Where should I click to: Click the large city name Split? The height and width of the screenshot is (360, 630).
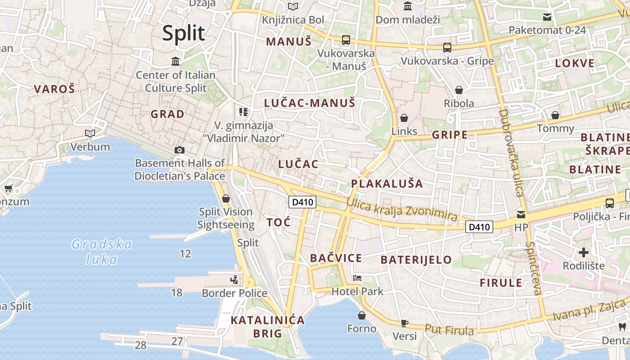coord(184,33)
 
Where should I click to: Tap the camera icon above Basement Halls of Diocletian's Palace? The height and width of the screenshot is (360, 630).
coord(180,150)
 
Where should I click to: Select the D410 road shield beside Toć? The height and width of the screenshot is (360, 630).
coord(302,202)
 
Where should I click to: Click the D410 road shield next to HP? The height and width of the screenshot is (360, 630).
coord(479,227)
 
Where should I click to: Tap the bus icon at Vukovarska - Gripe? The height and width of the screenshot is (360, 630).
coord(447,48)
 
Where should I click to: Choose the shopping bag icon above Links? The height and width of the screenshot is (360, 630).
coord(404,118)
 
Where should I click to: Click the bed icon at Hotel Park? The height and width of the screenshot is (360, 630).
coord(357,278)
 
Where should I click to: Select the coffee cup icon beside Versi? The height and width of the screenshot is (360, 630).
coord(404,323)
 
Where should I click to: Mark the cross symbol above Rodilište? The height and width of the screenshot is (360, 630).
coord(584,252)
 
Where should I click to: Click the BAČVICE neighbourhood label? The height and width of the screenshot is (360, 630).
coord(336,258)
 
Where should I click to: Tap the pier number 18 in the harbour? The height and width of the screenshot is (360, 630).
coord(177,293)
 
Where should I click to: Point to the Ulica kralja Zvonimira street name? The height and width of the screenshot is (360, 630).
coord(402,210)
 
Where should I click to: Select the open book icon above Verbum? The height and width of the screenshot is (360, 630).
coord(90,133)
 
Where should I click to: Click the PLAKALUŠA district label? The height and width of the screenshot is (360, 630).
coord(387,184)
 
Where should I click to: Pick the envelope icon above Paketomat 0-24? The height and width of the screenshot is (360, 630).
coord(547,17)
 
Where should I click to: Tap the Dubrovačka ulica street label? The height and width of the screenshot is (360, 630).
coord(511,153)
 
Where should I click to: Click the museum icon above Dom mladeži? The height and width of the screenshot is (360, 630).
coord(408,6)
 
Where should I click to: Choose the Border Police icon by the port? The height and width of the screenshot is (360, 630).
coord(234,280)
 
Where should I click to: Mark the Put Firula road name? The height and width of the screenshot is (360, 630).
coord(449,330)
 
